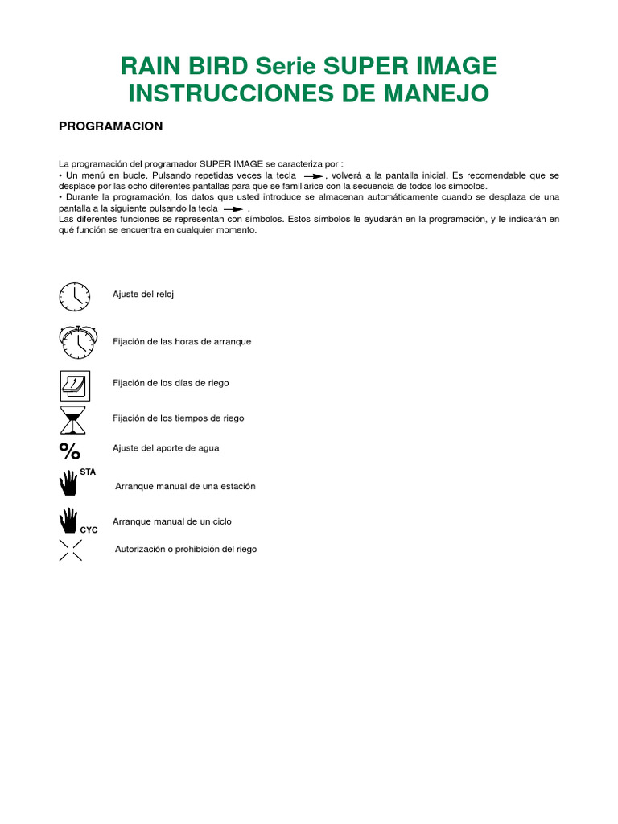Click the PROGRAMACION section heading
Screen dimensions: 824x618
112,126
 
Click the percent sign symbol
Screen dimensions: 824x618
70,449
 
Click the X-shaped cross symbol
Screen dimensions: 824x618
71,550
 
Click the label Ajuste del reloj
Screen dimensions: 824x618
143,295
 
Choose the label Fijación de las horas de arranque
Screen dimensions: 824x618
182,342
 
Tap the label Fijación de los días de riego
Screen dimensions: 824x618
171,383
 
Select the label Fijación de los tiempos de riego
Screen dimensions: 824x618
178,418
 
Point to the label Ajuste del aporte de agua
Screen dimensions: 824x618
166,447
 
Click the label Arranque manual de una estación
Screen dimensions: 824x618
185,487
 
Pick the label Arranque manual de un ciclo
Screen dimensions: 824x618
172,521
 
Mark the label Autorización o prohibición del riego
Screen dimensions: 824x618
186,550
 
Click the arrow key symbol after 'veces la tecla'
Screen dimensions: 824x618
313,175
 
